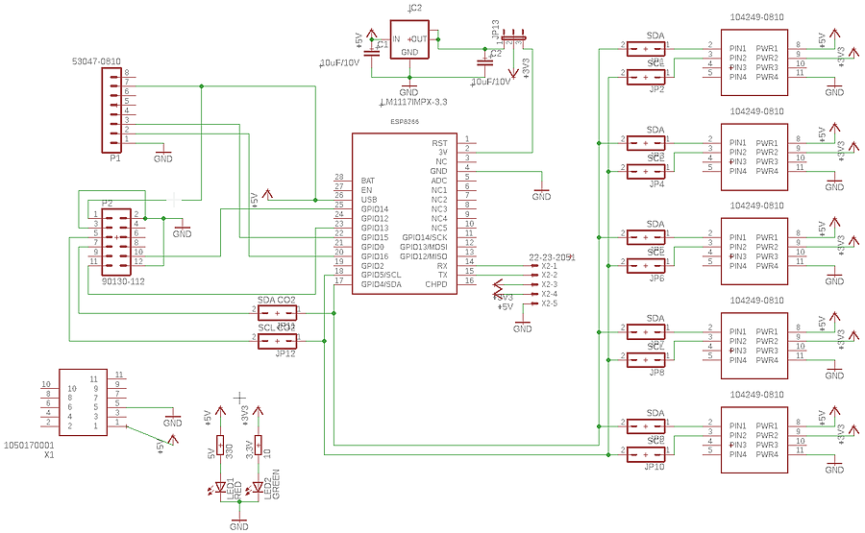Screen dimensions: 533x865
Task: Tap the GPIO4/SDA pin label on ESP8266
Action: point(382,284)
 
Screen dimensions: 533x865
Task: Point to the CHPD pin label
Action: point(436,284)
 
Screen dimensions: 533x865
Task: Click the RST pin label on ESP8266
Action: point(439,142)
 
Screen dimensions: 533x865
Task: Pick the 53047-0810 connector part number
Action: point(96,62)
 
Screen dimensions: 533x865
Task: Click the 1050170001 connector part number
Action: point(29,446)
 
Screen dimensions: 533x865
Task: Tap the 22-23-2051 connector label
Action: point(552,257)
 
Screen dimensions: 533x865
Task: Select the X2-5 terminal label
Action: point(549,303)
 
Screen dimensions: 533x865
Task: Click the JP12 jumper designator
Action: point(285,353)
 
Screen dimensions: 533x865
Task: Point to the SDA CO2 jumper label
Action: point(277,301)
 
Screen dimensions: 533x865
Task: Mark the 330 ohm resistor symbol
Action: point(220,448)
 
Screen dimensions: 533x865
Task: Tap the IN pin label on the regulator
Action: point(396,39)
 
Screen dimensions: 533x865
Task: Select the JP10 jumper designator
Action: point(655,467)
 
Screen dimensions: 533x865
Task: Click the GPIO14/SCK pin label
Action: point(424,237)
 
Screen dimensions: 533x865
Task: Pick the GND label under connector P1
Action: point(162,157)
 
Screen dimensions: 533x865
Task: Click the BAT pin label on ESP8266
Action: point(368,181)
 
